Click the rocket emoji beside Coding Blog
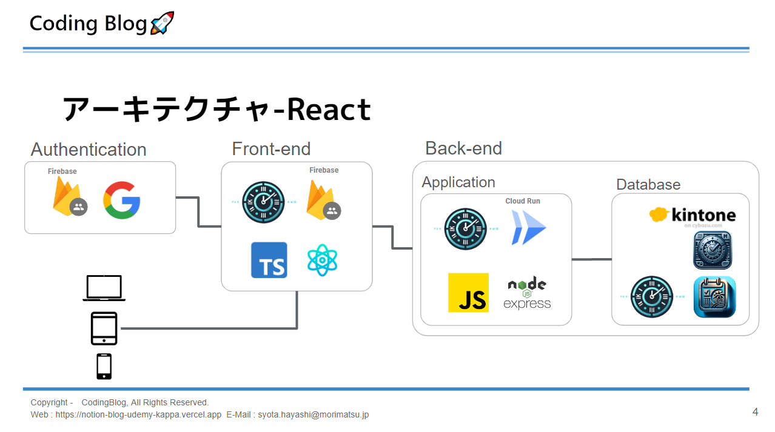162,23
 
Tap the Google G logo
122,200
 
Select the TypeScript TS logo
269,260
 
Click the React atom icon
322,260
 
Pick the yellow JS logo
468,293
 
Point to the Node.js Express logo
527,293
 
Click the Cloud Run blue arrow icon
528,227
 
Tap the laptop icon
104,288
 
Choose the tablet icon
104,328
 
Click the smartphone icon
104,367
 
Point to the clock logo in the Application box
465,229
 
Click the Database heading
648,185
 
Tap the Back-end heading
463,148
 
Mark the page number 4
755,413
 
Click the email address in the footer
313,415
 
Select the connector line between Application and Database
591,259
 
